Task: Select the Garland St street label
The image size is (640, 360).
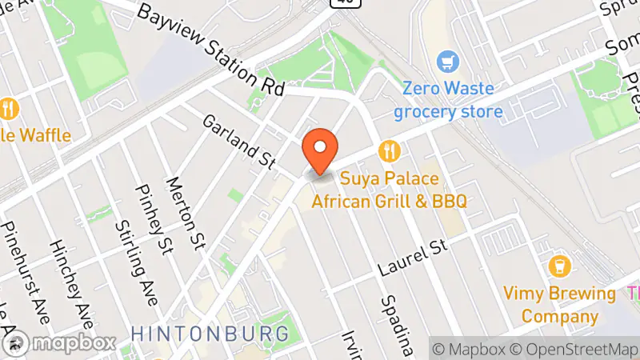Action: (x=238, y=142)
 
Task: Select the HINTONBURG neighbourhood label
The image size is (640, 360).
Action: (x=210, y=332)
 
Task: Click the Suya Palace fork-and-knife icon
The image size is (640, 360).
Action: (x=390, y=150)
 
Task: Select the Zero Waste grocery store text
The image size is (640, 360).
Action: (x=448, y=99)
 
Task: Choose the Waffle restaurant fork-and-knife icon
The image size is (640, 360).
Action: (x=9, y=108)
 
